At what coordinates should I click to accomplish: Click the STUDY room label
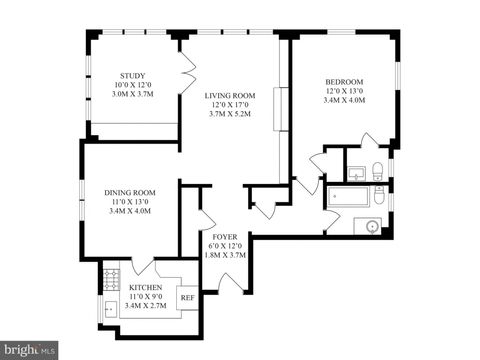132,76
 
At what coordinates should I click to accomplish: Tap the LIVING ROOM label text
230,95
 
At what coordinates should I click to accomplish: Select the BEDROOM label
344,81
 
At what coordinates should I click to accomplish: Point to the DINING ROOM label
130,192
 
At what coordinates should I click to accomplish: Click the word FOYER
224,237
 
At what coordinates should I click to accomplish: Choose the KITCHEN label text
145,288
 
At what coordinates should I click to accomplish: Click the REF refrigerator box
187,297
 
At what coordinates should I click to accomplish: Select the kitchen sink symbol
110,309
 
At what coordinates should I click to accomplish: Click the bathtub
344,196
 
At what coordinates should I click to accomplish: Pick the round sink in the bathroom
373,226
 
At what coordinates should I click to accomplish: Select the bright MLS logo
29,350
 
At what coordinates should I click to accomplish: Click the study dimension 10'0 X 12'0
132,86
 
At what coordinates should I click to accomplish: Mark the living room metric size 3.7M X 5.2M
230,115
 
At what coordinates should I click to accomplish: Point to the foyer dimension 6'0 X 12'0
224,246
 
